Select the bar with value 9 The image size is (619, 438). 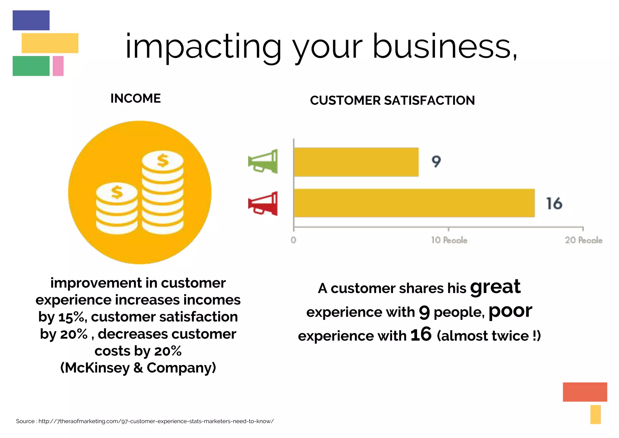tap(356, 162)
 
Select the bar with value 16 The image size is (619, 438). tap(414, 203)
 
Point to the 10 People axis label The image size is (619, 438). tap(449, 240)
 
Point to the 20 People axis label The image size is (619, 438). tap(584, 240)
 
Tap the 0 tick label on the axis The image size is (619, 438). tap(293, 240)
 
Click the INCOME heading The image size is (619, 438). tap(135, 99)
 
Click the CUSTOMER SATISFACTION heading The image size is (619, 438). tap(392, 100)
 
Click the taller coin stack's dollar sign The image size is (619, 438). tap(163, 160)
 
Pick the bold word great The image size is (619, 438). tap(495, 287)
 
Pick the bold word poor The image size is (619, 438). tap(510, 311)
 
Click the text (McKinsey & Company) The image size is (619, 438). tap(138, 368)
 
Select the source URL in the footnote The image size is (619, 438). tap(156, 421)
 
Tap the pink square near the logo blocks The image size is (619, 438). tap(58, 66)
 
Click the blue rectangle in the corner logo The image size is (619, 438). tap(31, 20)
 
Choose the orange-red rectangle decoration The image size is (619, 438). tap(585, 392)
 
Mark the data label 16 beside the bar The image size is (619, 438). tap(554, 203)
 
